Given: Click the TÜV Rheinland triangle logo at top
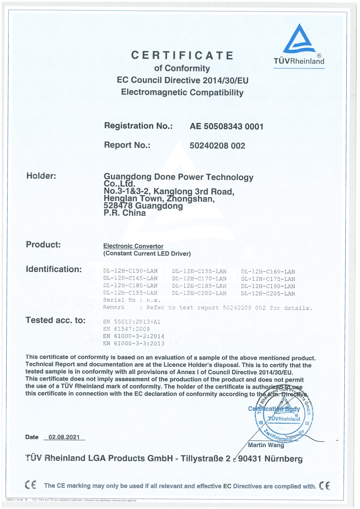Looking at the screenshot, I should [x=299, y=39].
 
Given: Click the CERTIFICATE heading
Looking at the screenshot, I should [x=182, y=55].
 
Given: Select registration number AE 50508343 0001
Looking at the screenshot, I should [x=226, y=127].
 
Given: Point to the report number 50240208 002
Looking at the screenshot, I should [x=217, y=146].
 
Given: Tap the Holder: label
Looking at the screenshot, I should [x=41, y=176].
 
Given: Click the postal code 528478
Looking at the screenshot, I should [x=118, y=206].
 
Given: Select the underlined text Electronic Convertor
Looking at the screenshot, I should [x=133, y=246].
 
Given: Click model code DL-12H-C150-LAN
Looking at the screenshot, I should [x=130, y=271].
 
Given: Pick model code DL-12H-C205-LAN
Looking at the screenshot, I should [x=268, y=293].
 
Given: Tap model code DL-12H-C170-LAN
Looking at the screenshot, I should [x=199, y=279].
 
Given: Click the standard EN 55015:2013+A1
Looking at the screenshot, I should [x=132, y=322].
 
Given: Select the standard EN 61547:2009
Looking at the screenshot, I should [x=127, y=329].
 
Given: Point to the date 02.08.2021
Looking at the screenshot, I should [x=64, y=437].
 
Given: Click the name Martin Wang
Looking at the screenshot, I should [x=266, y=445].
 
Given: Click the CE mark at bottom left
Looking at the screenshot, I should [x=30, y=485].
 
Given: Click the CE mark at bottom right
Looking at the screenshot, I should [x=324, y=485].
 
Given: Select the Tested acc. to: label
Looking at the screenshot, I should [x=56, y=320].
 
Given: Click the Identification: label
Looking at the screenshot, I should [x=54, y=269].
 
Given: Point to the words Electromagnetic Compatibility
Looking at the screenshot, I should [x=182, y=92].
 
